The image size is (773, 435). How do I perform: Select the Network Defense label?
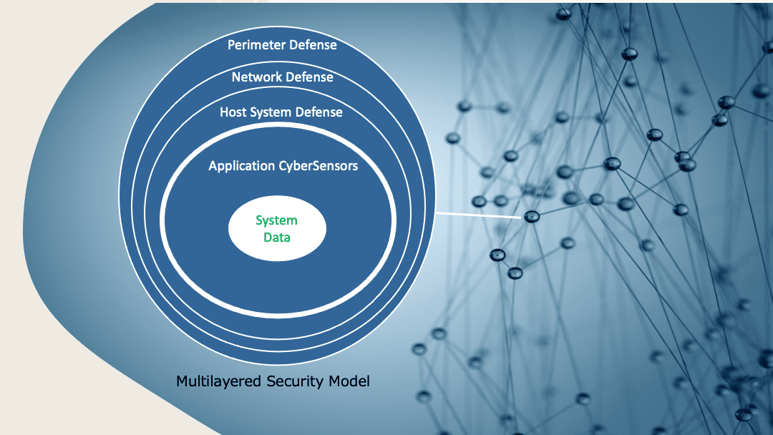(282, 77)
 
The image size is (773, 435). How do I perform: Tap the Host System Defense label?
(281, 112)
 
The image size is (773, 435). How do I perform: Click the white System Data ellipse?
(277, 229)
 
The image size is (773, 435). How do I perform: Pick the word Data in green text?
(277, 237)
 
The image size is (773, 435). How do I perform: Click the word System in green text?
(277, 220)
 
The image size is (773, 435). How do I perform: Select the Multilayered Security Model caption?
(273, 381)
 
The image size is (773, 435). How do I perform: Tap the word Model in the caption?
(351, 381)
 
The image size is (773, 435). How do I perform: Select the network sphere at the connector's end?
(531, 216)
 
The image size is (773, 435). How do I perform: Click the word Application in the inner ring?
(241, 166)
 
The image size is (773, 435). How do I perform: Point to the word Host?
(233, 112)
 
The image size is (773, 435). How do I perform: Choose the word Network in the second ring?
(256, 77)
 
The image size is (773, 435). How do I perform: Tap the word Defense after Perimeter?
(313, 45)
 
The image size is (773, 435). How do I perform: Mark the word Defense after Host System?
(319, 112)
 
